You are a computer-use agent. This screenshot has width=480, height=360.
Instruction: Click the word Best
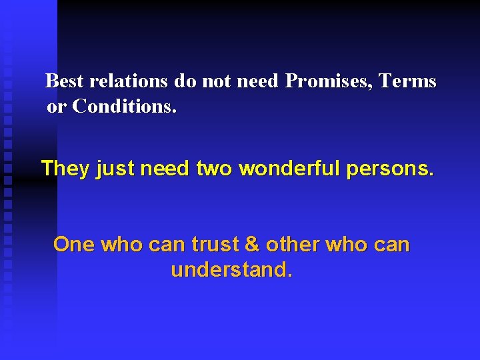click(x=65, y=81)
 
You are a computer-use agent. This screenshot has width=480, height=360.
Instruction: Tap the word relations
click(x=128, y=81)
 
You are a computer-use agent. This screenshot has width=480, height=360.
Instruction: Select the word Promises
click(x=329, y=81)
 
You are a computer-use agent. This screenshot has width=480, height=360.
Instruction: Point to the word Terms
click(x=407, y=81)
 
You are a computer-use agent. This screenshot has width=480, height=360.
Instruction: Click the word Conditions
click(x=125, y=106)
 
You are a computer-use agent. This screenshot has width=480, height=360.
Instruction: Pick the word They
click(x=65, y=169)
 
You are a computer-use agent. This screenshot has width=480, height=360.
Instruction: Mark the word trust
click(x=215, y=245)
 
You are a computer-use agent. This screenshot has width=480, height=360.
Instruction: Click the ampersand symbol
click(x=252, y=245)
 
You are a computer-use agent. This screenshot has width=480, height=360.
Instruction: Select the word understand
click(x=231, y=270)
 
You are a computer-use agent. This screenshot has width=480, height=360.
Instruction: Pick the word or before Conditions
click(x=57, y=106)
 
